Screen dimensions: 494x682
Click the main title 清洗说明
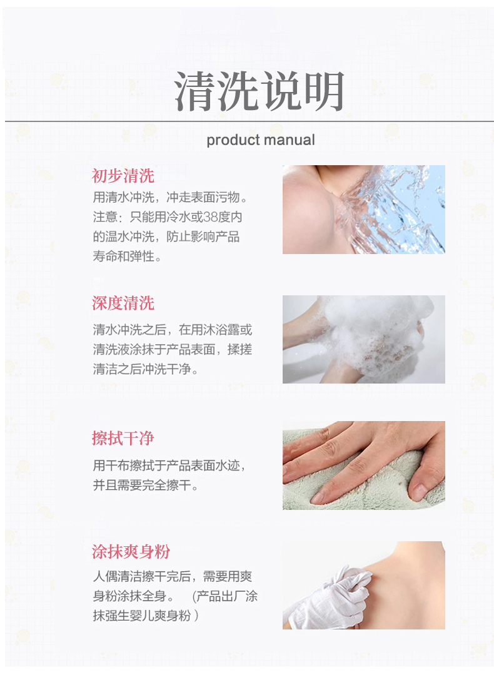point(259,91)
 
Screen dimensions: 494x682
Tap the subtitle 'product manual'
point(261,140)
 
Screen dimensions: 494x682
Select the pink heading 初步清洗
point(123,176)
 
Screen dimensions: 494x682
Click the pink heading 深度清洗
point(123,303)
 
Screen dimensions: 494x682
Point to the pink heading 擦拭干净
point(123,438)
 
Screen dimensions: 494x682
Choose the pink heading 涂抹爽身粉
point(131,551)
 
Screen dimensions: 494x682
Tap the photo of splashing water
point(363,209)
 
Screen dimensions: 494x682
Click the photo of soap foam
point(363,339)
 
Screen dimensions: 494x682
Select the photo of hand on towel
point(363,465)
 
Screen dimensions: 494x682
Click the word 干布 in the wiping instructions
point(117,466)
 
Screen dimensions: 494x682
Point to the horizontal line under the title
point(249,121)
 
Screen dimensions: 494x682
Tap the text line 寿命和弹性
point(127,256)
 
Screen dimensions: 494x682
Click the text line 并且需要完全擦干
point(145,485)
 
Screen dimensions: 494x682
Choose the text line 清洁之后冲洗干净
point(145,369)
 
